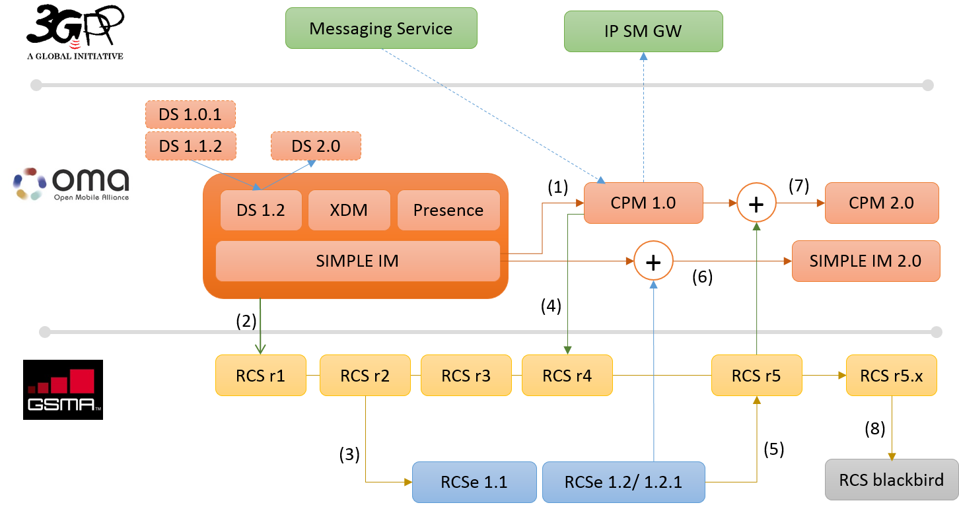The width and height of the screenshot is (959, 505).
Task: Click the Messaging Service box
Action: click(x=380, y=28)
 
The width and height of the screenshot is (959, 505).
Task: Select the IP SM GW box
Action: click(x=643, y=31)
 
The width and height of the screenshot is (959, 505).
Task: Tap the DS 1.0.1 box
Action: click(x=190, y=115)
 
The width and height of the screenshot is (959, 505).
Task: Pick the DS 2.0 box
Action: click(x=316, y=146)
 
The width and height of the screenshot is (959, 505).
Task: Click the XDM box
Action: click(x=349, y=211)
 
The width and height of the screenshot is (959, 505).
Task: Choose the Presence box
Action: click(x=448, y=211)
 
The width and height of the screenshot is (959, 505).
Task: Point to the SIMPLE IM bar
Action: click(x=357, y=261)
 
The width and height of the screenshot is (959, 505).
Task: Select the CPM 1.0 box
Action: click(x=643, y=203)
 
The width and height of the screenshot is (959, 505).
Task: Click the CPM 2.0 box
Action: click(x=881, y=203)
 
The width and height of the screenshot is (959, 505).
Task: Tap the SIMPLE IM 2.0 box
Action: click(x=865, y=261)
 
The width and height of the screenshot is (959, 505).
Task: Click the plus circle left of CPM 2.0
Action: click(x=756, y=203)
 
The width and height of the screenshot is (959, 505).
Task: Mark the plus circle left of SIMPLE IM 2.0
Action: click(x=653, y=261)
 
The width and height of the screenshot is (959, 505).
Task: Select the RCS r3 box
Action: click(x=466, y=376)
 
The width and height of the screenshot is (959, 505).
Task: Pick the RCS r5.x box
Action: click(x=891, y=376)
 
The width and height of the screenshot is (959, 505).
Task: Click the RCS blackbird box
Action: click(x=891, y=480)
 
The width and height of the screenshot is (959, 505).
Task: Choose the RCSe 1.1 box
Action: click(x=474, y=482)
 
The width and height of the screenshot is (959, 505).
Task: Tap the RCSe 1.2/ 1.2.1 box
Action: click(x=623, y=482)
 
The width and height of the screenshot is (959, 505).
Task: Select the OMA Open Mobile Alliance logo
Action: click(x=71, y=182)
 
